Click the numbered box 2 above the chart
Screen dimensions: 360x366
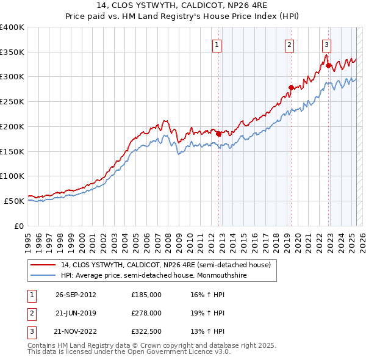pos(289,44)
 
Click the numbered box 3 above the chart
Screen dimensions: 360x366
pos(327,44)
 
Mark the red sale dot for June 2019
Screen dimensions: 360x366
pos(291,87)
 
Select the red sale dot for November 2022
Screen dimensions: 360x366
pos(328,65)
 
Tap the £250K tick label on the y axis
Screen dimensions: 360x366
pos(12,101)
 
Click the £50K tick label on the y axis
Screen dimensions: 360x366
pos(15,201)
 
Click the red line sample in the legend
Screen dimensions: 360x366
pos(43,265)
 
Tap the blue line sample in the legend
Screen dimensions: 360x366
pos(43,275)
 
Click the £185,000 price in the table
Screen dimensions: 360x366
pos(146,294)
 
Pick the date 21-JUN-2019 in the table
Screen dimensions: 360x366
pos(76,313)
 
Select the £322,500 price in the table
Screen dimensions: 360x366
pos(146,332)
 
